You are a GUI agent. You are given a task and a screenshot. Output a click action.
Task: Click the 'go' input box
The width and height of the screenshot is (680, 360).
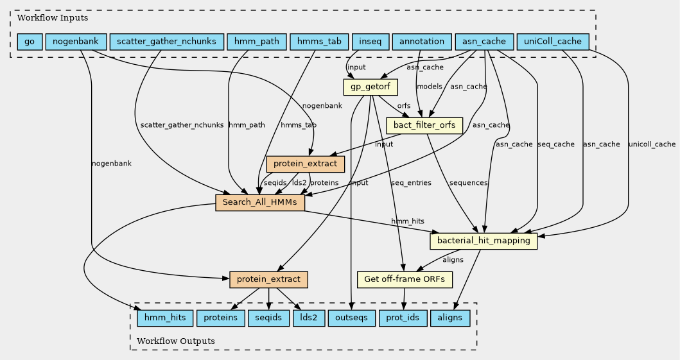tap(30, 42)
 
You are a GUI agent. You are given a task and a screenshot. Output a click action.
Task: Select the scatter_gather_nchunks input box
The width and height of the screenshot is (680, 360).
tap(167, 42)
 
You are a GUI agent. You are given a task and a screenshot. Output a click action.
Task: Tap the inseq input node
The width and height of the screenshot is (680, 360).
tap(369, 42)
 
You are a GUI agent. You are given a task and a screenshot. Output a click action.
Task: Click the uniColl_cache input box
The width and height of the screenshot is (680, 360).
tap(552, 42)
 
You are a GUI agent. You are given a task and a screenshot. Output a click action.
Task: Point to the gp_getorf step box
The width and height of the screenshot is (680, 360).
tap(371, 87)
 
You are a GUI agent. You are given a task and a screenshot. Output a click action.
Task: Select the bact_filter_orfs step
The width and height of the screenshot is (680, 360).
tap(424, 125)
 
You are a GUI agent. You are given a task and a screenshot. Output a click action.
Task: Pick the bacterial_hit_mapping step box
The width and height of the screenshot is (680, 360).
tap(483, 241)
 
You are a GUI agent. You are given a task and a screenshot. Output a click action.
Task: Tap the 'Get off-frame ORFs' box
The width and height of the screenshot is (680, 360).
tap(405, 279)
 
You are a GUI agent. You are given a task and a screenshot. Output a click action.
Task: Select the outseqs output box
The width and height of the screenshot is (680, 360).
tap(351, 318)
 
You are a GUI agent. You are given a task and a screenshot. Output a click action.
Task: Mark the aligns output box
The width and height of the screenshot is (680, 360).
tap(449, 318)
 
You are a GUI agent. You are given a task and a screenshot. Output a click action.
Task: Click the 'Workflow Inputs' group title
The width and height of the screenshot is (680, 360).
tap(44, 18)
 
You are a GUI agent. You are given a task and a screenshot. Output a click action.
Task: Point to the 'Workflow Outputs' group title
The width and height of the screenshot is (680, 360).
tap(175, 340)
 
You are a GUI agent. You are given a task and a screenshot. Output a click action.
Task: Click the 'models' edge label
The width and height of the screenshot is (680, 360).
tap(428, 87)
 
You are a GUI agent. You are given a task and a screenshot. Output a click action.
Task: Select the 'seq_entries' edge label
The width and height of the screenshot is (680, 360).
tap(410, 183)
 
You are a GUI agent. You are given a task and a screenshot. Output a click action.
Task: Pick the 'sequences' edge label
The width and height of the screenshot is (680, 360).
tap(468, 183)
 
